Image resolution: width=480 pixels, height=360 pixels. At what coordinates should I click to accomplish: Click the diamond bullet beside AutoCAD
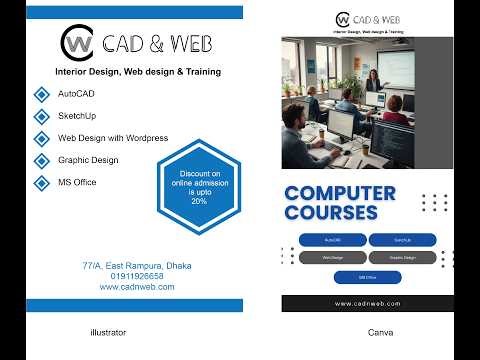[x=41, y=94]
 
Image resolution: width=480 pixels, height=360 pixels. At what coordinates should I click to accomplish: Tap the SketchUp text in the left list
[x=78, y=116]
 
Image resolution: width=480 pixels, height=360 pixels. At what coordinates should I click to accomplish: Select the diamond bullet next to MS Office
[x=41, y=182]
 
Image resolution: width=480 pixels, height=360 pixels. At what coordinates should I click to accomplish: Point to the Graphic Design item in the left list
[x=88, y=160]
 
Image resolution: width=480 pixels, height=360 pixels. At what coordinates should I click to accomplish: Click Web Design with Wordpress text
[x=113, y=138]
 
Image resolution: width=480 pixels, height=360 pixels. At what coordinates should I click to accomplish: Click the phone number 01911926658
[x=137, y=276]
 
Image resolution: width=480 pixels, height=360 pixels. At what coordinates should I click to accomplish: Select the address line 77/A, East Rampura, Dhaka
[x=137, y=266]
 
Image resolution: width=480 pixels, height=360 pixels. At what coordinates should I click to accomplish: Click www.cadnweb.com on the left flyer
[x=137, y=287]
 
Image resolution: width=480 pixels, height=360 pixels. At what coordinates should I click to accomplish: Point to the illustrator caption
[x=108, y=331]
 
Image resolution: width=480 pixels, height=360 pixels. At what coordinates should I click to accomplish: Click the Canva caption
[x=380, y=331]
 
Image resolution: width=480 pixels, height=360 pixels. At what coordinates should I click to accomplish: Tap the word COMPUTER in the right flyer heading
[x=340, y=193]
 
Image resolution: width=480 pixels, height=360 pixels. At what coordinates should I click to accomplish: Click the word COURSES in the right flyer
[x=331, y=213]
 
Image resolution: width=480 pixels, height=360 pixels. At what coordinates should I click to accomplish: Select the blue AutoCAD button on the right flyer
[x=332, y=240]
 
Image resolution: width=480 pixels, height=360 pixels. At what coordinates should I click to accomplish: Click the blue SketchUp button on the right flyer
[x=402, y=240]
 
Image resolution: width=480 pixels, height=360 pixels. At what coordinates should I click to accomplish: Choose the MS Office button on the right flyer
[x=367, y=277]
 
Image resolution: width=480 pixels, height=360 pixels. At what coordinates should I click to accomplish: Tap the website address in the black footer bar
[x=367, y=303]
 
